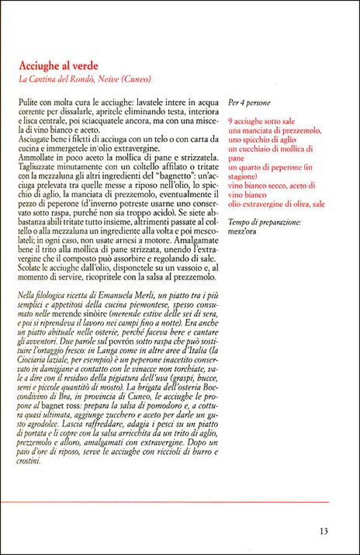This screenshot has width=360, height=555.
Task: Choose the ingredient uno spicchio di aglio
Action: pos(262,140)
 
